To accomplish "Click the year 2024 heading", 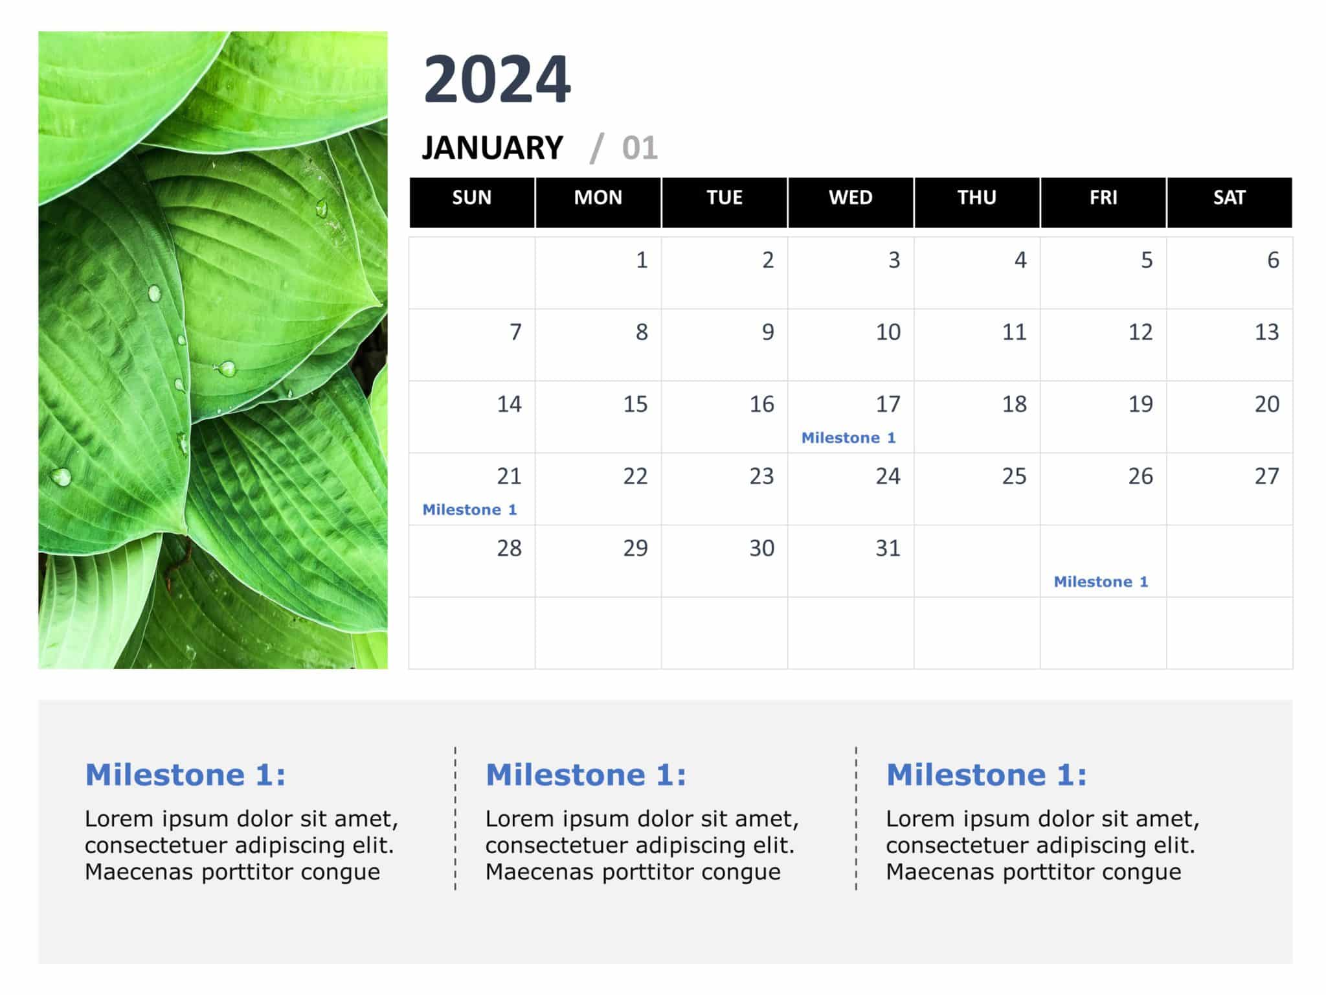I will [497, 79].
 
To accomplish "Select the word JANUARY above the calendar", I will [493, 148].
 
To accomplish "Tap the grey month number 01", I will [639, 148].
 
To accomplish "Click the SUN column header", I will [471, 198].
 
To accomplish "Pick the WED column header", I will [850, 198].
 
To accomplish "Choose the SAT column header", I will [1229, 198].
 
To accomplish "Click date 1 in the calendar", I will [641, 260].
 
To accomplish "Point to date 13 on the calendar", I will [1266, 332].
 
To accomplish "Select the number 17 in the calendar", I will [888, 404].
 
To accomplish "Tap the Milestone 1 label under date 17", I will [848, 438].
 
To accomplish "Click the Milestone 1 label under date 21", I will [469, 510].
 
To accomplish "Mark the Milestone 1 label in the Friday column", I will [1101, 582].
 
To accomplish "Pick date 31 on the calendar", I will [888, 549].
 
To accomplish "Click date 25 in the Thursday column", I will [1014, 477].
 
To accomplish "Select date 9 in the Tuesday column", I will [767, 332].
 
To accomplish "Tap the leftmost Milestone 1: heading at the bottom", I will [185, 775].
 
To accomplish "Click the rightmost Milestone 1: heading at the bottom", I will [986, 775].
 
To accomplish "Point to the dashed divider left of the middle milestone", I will [455, 818].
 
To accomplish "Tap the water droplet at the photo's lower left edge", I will [61, 477].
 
